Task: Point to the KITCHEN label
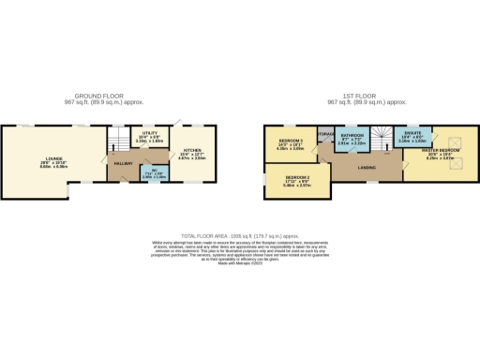192,149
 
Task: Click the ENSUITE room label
411,136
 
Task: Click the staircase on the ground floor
116,142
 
